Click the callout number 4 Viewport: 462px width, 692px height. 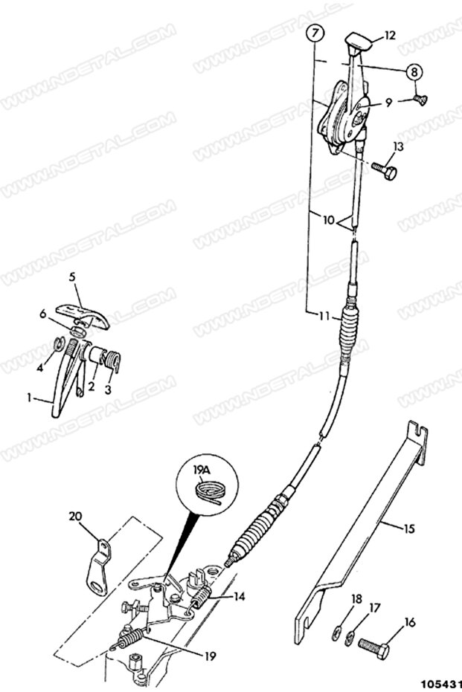pos(41,366)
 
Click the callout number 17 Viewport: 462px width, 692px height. pos(374,607)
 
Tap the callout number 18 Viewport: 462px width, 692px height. pos(355,598)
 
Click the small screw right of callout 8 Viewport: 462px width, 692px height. pos(420,99)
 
